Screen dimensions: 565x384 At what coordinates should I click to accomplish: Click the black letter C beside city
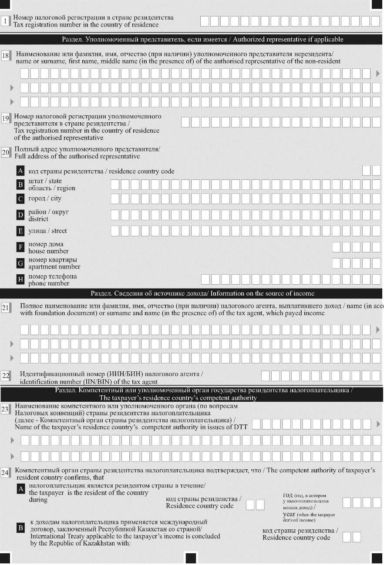pyautogui.click(x=20, y=199)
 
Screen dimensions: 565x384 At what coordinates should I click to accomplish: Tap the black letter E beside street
pyautogui.click(x=20, y=231)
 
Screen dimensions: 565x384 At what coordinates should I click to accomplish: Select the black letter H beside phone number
pyautogui.click(x=20, y=280)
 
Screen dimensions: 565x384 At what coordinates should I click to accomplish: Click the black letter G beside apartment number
pyautogui.click(x=20, y=263)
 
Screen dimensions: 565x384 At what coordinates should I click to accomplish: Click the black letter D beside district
pyautogui.click(x=20, y=215)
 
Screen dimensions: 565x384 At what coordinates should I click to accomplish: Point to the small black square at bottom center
pyautogui.click(x=192, y=558)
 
